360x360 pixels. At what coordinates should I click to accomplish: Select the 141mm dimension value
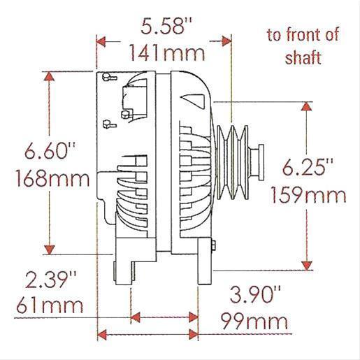click(x=162, y=52)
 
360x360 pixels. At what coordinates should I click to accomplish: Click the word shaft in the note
click(x=303, y=57)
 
